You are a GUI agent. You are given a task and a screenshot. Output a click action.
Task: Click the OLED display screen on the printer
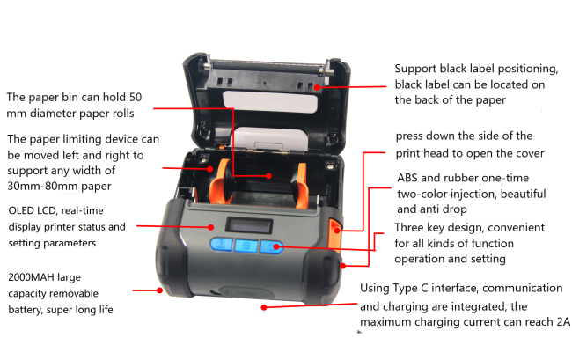tap(249, 226)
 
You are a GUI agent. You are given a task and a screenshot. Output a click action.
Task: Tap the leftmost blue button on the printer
tap(222, 244)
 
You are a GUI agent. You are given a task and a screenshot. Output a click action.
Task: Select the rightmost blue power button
tap(271, 247)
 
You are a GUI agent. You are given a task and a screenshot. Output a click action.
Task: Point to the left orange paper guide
tap(220, 181)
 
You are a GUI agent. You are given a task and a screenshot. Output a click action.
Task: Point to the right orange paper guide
tap(301, 186)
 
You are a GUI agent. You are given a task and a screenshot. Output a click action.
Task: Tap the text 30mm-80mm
tap(43, 186)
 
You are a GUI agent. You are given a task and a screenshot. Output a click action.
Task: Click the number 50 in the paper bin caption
tap(136, 97)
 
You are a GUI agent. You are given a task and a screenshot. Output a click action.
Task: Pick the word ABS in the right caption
tap(407, 178)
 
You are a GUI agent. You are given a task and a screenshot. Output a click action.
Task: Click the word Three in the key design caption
tap(408, 227)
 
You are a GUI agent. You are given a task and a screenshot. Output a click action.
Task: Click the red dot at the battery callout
tap(159, 290)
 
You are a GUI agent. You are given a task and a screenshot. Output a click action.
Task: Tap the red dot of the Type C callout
tap(264, 307)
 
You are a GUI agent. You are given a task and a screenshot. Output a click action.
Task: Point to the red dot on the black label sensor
tap(317, 87)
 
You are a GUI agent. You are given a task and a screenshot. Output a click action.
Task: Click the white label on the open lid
tap(270, 101)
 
